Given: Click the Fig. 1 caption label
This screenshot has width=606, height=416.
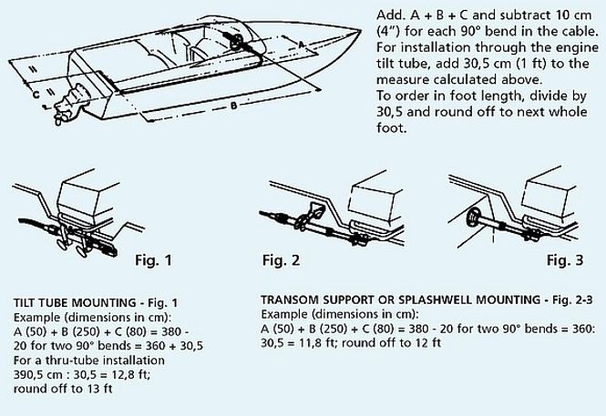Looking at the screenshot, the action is pos(153,260).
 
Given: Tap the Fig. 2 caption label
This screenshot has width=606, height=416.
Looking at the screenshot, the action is pos(281,260).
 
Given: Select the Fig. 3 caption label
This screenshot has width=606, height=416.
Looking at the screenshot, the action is pos(565,260).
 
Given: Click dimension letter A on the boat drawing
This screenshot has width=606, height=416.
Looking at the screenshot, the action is pos(302,45).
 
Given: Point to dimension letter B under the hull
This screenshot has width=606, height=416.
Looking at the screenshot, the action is pos(233,105).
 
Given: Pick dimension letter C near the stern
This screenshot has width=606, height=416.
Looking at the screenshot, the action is pos(36,94).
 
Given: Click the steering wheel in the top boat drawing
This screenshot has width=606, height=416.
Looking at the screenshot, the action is pos(236,42).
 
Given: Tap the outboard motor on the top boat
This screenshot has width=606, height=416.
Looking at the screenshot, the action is pos(69,104).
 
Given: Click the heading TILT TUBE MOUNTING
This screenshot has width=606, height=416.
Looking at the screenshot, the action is pos(75,302).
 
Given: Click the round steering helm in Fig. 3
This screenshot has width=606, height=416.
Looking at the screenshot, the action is pos(473,218).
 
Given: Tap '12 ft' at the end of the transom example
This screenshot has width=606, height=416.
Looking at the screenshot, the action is pos(427,342).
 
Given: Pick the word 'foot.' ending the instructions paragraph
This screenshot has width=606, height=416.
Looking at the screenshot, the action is pos(392,127).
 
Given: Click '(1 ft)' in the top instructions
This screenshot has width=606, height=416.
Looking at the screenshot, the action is pos(531,64).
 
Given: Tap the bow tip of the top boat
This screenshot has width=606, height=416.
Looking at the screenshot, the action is pos(361,30).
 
